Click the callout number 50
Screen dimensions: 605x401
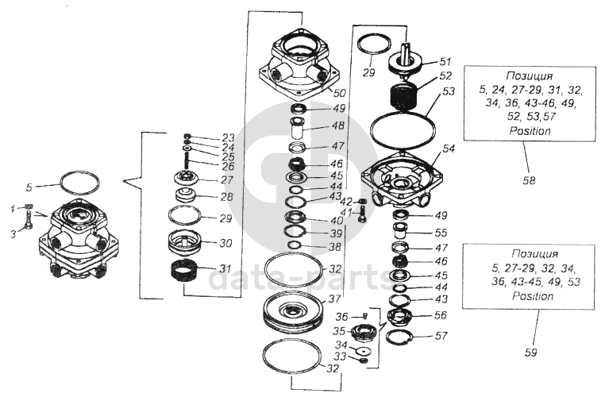tap(338, 93)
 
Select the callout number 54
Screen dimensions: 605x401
tap(449, 148)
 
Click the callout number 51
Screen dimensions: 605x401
tap(445, 61)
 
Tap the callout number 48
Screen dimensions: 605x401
tap(338, 125)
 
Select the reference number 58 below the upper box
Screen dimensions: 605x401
tap(529, 180)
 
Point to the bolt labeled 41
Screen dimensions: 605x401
tap(362, 214)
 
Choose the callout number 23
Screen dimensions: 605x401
tap(229, 137)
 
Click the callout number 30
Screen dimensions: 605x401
tap(225, 244)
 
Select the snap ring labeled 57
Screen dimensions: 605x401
tap(402, 338)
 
